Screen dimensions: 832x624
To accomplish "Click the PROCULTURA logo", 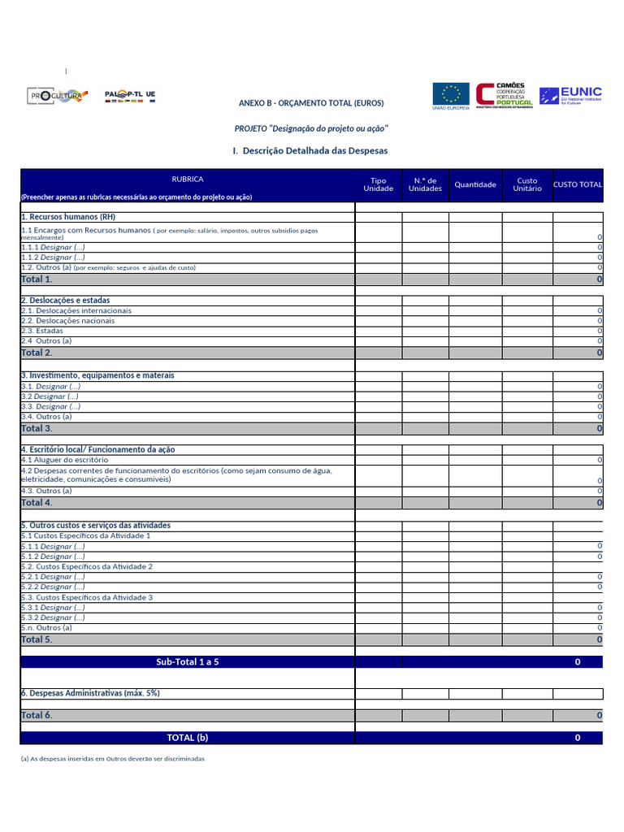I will coord(55,96).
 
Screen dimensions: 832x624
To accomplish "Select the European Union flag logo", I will coord(450,96).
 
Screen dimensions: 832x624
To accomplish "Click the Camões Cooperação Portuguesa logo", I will coord(505,95).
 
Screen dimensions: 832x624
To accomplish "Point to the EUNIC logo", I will coord(570,95).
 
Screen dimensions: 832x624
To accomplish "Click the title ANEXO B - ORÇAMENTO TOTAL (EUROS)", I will coord(311,103).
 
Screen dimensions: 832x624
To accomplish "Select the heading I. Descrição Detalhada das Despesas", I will coord(310,150).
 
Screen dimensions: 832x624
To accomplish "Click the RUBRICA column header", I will coord(188,179).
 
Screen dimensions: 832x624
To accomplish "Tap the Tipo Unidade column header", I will coord(379,184).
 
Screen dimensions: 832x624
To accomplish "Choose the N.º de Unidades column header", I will coord(425,184).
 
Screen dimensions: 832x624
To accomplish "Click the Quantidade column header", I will coord(475,184).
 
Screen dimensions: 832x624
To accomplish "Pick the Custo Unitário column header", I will coord(527,184).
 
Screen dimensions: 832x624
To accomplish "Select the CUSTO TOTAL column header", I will coord(578,184).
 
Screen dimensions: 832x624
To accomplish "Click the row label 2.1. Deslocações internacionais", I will coord(76,310).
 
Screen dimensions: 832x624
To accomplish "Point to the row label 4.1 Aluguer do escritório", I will coord(64,460).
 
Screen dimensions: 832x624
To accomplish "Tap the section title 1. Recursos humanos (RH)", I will coord(68,217).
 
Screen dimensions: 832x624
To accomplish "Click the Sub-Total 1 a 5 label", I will coord(188,662).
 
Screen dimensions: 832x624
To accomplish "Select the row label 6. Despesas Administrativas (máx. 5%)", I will coord(90,693).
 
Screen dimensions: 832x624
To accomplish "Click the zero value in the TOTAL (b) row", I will coord(578,738).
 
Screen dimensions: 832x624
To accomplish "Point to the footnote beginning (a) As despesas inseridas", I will coord(113,758).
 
